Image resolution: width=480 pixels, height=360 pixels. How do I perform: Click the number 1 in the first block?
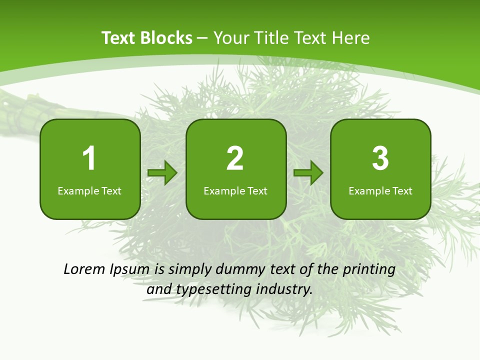89,158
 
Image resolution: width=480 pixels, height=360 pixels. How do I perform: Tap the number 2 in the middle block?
235,158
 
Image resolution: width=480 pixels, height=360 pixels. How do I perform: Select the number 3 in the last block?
380,158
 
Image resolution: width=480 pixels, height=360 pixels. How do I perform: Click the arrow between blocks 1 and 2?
162,173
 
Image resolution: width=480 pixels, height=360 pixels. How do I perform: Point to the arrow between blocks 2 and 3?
308,173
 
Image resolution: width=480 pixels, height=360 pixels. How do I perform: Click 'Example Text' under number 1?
89,190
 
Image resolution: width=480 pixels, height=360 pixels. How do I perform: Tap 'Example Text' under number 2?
235,190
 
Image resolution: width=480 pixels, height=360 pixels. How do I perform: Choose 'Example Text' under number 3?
380,190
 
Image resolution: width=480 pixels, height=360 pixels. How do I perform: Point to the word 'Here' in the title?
351,38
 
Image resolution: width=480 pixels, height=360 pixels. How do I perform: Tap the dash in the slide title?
202,38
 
